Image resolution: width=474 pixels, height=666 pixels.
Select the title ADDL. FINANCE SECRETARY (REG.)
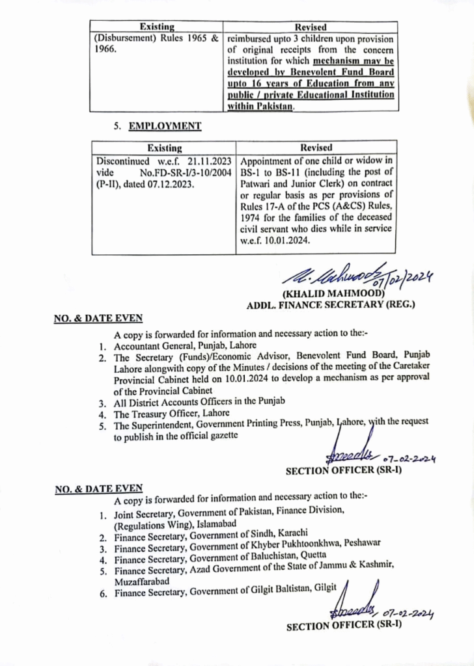click(x=330, y=304)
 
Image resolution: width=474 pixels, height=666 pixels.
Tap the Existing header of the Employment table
click(x=165, y=148)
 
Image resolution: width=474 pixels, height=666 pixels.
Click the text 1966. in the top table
click(x=105, y=49)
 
